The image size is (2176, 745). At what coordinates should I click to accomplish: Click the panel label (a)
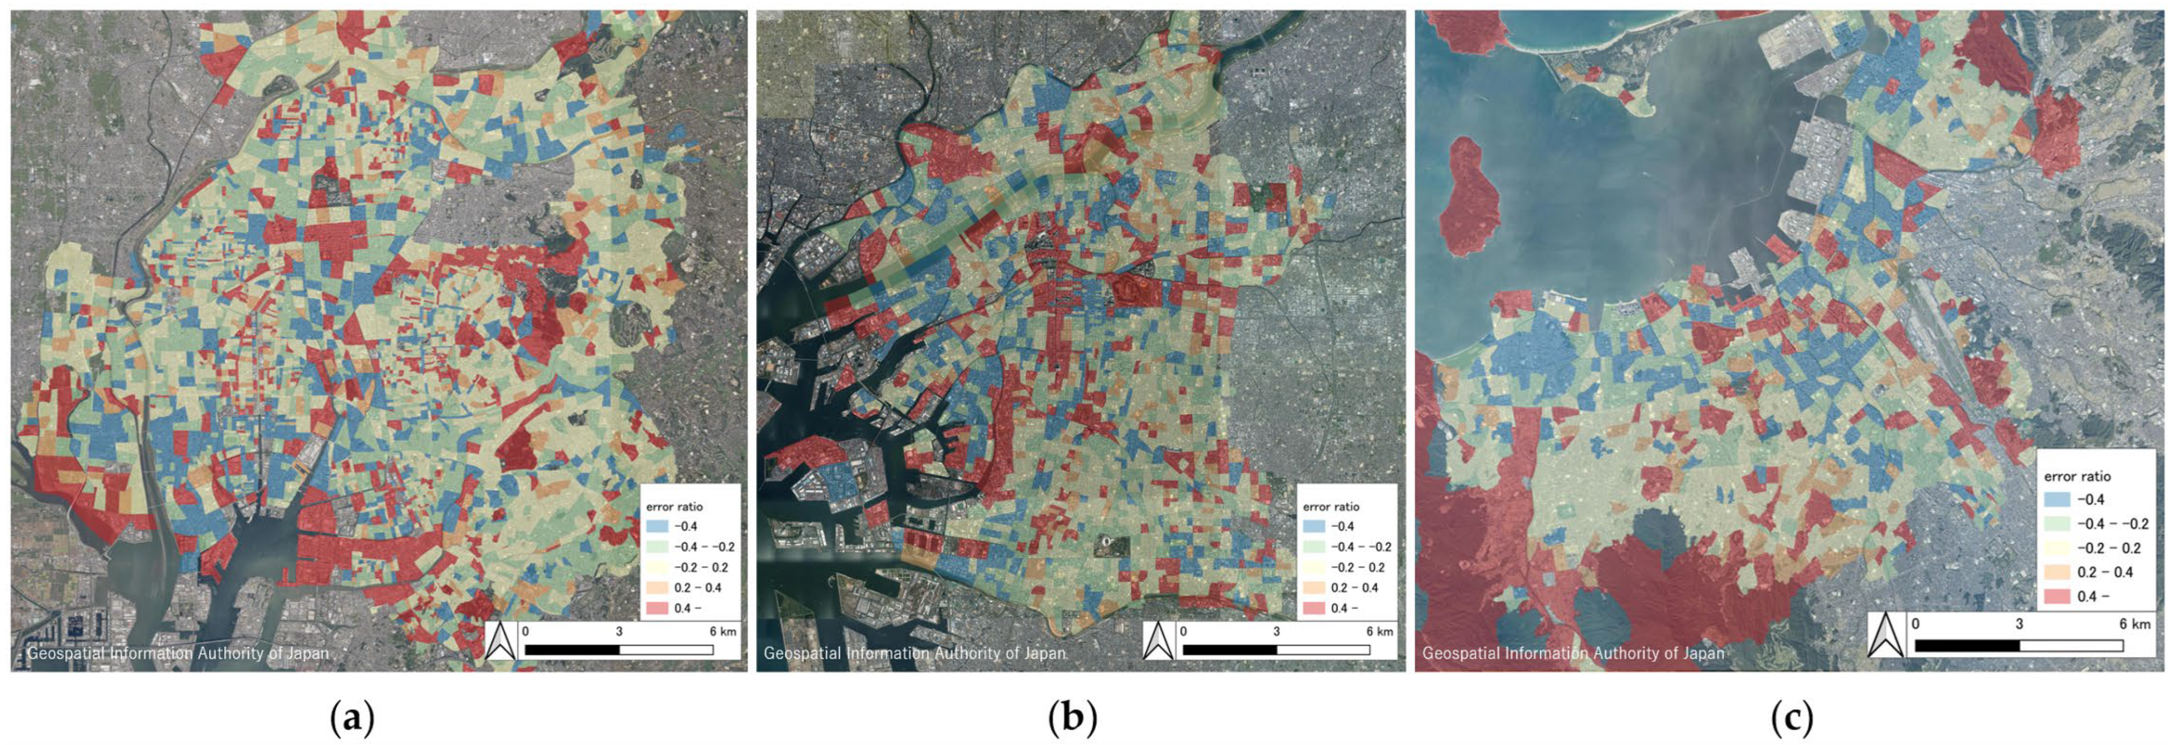click(x=351, y=719)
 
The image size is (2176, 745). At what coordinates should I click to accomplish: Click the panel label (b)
click(x=1073, y=719)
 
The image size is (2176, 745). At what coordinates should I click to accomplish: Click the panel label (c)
click(x=1791, y=719)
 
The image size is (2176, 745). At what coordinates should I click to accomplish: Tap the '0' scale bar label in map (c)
click(x=1915, y=623)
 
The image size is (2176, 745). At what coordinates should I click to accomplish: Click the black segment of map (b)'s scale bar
click(x=1229, y=650)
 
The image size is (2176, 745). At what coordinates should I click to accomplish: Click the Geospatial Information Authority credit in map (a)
click(x=178, y=653)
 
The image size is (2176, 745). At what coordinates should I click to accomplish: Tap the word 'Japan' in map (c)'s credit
click(x=1699, y=653)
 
